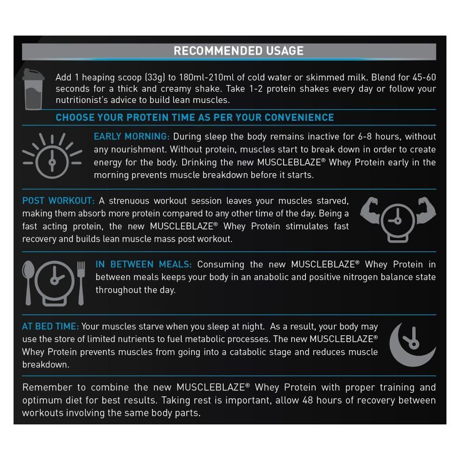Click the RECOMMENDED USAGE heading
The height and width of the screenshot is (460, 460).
click(x=239, y=51)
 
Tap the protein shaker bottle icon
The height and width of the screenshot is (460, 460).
click(x=33, y=88)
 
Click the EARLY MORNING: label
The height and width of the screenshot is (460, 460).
click(x=132, y=137)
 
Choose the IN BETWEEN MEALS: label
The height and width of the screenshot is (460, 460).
click(x=144, y=264)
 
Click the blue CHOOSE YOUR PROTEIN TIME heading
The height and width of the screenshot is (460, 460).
click(x=194, y=117)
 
